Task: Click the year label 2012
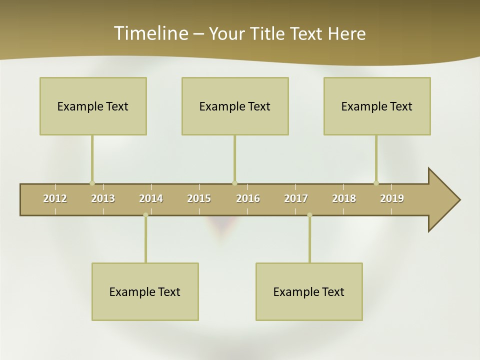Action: (x=55, y=198)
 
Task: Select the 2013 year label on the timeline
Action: (x=103, y=198)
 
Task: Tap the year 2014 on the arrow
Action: (x=151, y=198)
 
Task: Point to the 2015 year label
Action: (x=199, y=198)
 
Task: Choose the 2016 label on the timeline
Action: (x=248, y=198)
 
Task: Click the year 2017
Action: (x=296, y=198)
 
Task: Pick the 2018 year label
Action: (x=344, y=198)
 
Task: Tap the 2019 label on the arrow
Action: (x=392, y=198)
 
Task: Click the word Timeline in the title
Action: (x=150, y=33)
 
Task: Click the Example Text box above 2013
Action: (x=93, y=106)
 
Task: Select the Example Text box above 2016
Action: (x=235, y=106)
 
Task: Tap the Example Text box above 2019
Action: (x=377, y=106)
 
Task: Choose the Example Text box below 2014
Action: (x=145, y=291)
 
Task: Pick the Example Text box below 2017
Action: (x=309, y=291)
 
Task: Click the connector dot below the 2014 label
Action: (x=145, y=215)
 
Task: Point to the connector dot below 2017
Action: (x=309, y=215)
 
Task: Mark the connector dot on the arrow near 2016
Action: (x=234, y=183)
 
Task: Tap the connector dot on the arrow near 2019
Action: (x=376, y=183)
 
